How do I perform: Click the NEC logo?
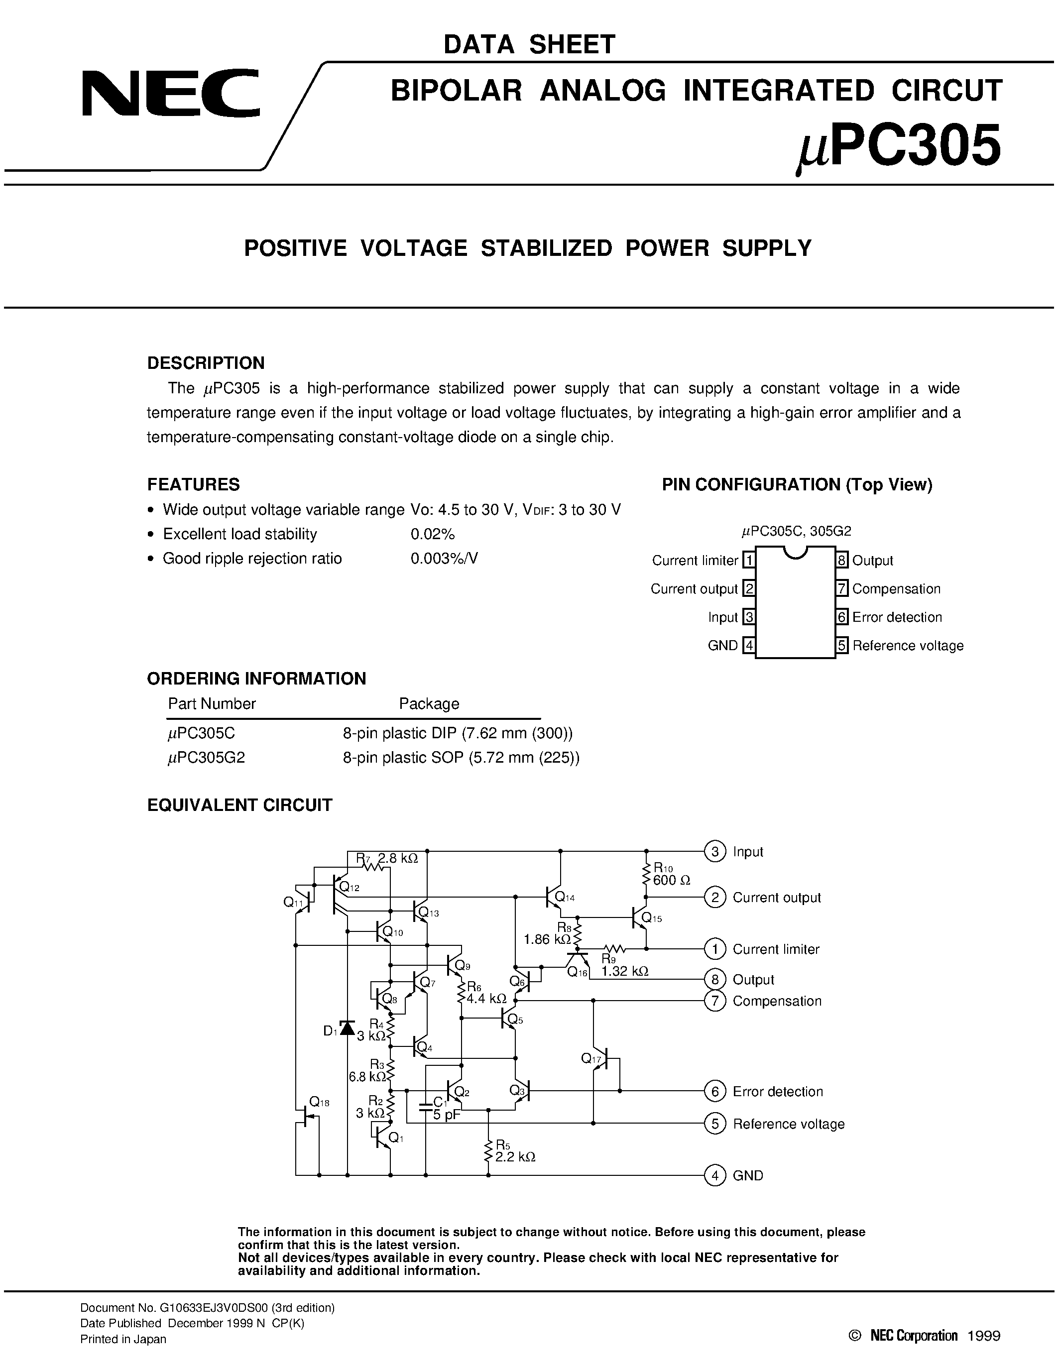click(x=170, y=94)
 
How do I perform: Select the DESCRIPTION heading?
click(x=206, y=363)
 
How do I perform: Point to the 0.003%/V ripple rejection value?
click(x=444, y=559)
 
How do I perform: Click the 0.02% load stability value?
click(x=433, y=534)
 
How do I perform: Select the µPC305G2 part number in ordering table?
click(x=206, y=758)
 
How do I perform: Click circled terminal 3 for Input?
click(x=714, y=851)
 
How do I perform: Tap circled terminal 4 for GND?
click(x=714, y=1175)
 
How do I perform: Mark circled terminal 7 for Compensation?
click(x=714, y=1001)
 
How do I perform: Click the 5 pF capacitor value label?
click(x=446, y=1115)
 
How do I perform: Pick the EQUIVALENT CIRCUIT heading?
click(x=239, y=805)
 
